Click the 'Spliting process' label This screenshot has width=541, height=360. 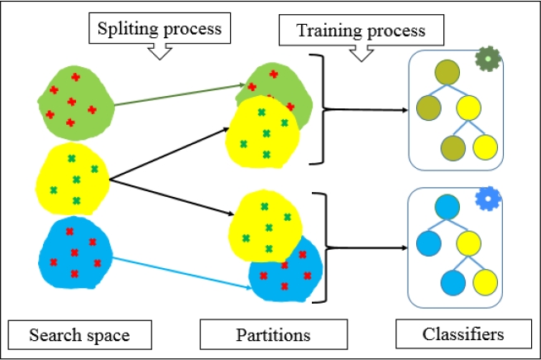[157, 28]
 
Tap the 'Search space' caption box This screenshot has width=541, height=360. [79, 335]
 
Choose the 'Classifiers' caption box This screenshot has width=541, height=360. [462, 334]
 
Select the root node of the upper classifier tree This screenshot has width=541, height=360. [448, 73]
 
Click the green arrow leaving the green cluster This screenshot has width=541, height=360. [178, 94]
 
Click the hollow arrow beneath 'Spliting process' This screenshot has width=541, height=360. [157, 52]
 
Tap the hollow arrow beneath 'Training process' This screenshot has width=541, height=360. [361, 53]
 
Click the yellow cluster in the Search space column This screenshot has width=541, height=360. [73, 178]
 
